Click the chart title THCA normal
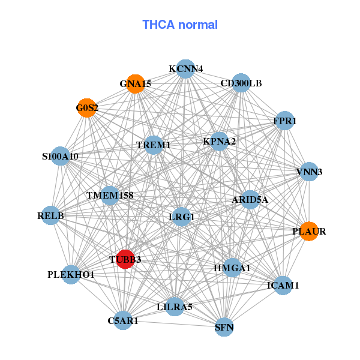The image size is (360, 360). pos(180,25)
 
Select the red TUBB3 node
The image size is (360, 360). pos(125,259)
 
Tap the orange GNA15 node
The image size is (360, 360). pos(136,84)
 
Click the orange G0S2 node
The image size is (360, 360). pos(87,108)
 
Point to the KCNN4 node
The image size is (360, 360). pos(185,69)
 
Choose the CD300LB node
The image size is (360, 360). pos(241,83)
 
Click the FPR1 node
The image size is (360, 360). pos(284,121)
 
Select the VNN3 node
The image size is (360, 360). pos(309,172)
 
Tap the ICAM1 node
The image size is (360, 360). pos(283,285)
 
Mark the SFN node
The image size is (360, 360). pos(224,327)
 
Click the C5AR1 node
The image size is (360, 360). pos(123,320)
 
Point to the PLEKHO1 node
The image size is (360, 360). pos(71,275)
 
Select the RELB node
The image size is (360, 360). pos(50,215)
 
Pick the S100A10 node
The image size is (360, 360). pos(60,157)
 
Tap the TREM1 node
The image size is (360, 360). pos(154,145)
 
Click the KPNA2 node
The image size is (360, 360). pos(219,142)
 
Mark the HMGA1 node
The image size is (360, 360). pos(232,268)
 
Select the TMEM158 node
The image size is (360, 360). pos(110,196)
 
